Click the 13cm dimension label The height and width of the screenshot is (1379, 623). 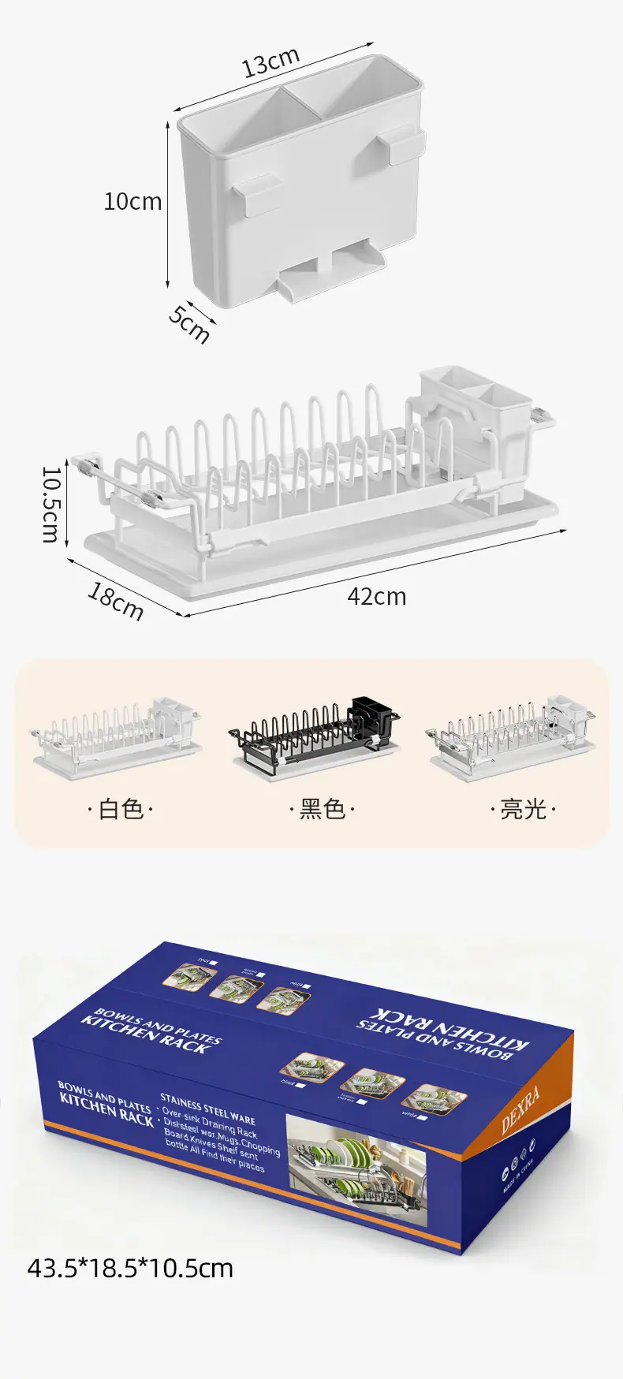click(270, 62)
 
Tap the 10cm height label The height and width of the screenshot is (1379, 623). click(132, 202)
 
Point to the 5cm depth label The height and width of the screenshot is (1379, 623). click(189, 323)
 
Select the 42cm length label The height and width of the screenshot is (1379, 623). click(377, 597)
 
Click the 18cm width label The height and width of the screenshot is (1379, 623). click(115, 602)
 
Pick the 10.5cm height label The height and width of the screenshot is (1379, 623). click(50, 504)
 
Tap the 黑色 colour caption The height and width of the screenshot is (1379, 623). click(322, 809)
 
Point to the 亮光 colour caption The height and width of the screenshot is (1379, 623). click(523, 809)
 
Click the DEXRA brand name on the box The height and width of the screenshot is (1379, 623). click(521, 1109)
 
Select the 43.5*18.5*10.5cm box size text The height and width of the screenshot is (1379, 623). click(131, 1269)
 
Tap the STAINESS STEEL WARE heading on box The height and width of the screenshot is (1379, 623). click(207, 1108)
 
